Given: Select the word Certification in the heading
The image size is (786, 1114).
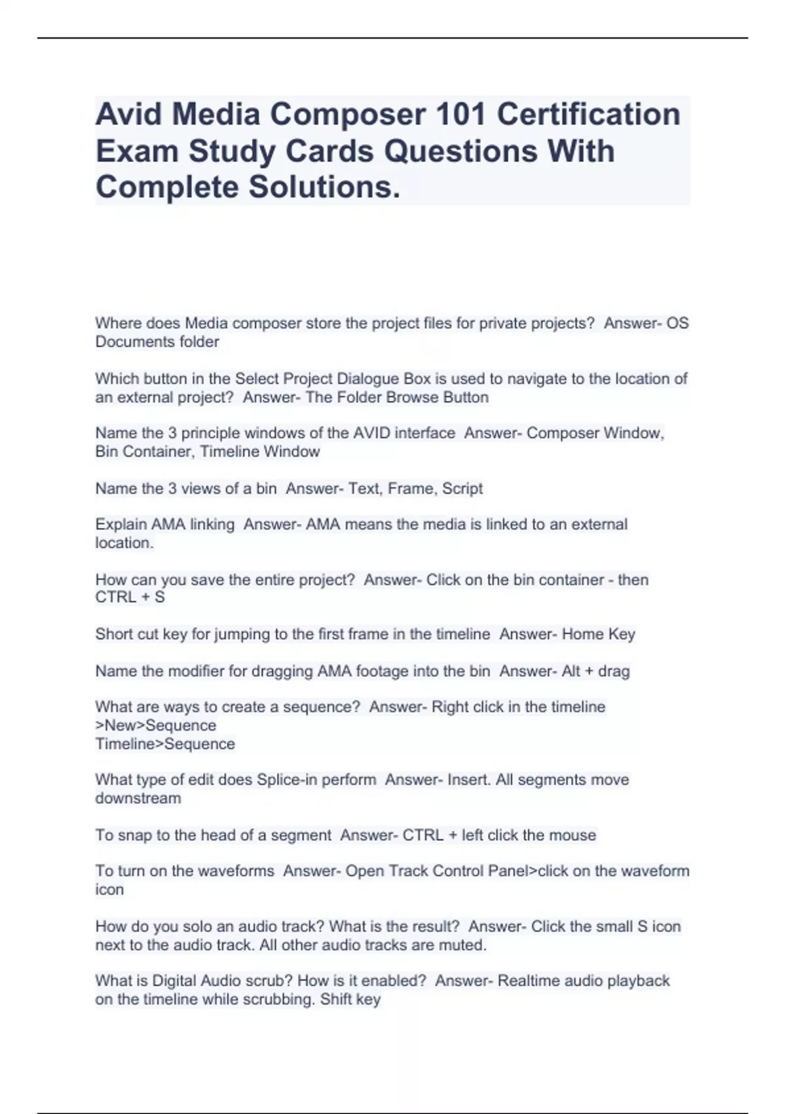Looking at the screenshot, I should (588, 115).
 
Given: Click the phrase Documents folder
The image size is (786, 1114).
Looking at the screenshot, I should (157, 342).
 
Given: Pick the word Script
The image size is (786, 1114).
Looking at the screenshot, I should (462, 489).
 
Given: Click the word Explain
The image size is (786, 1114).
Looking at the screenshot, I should (121, 525).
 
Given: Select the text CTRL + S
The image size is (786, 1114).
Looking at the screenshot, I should (130, 598).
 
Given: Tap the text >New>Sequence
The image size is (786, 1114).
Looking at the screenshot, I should (156, 726).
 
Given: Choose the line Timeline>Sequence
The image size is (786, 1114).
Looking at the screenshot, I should (165, 744).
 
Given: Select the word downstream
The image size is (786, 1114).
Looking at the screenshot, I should (138, 799).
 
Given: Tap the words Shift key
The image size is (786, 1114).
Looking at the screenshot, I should (350, 1000).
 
